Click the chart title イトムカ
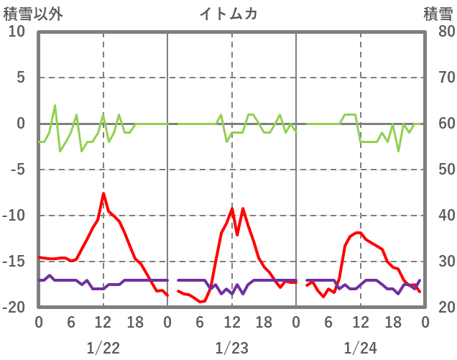coord(228,14)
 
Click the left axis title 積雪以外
coord(33,14)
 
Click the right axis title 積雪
coord(438,14)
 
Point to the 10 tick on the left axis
coord(17,32)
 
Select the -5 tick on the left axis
coord(17,170)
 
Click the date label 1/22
coord(103,349)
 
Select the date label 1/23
coord(231,349)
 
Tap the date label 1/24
coord(360,349)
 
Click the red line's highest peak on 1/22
coord(103,193)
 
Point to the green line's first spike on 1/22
coord(55,106)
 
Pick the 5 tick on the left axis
coord(20,78)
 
